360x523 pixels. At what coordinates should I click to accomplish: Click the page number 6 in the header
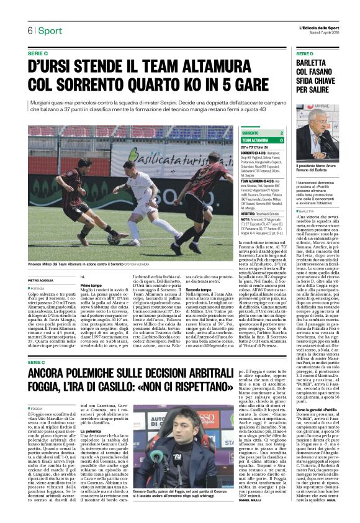pyautogui.click(x=29, y=31)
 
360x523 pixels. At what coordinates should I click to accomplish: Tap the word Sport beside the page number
pyautogui.click(x=49, y=31)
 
